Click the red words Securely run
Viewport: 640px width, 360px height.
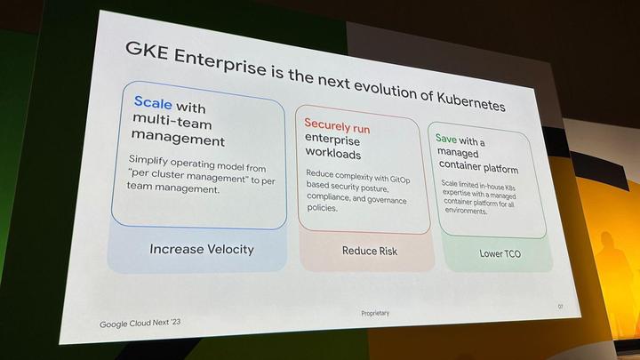point(337,126)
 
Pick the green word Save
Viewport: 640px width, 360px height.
point(445,139)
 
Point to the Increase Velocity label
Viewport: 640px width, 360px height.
point(201,249)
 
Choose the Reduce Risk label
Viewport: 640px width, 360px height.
point(370,252)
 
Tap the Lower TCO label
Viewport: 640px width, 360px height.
point(499,253)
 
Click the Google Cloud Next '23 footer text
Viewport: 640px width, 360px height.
point(142,324)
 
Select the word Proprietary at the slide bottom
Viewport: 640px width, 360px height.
point(375,313)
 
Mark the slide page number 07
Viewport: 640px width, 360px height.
point(561,307)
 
